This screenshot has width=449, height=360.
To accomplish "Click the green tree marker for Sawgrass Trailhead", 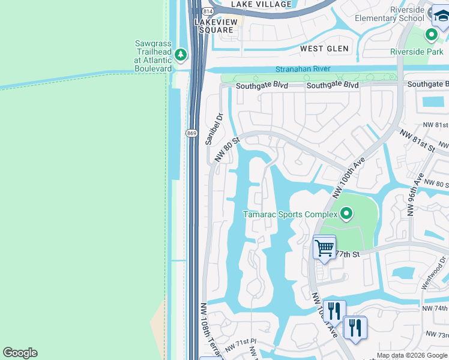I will tap(181, 55).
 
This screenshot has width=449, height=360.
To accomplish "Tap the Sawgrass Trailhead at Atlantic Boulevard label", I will tap(152, 56).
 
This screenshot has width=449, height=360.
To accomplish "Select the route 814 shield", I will tap(208, 11).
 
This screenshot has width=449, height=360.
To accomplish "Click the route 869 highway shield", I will tap(191, 133).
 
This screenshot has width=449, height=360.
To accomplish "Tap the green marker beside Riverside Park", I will tap(431, 35).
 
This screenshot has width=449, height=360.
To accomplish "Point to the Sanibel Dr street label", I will tap(210, 128).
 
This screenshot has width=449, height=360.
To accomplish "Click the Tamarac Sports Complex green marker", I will tap(346, 213).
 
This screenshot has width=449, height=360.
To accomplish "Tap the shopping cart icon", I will tap(324, 247).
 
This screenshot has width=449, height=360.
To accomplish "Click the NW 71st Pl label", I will tap(241, 346).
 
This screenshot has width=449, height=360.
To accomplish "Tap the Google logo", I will tap(20, 353).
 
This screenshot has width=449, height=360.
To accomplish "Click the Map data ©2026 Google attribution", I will tap(412, 355).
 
